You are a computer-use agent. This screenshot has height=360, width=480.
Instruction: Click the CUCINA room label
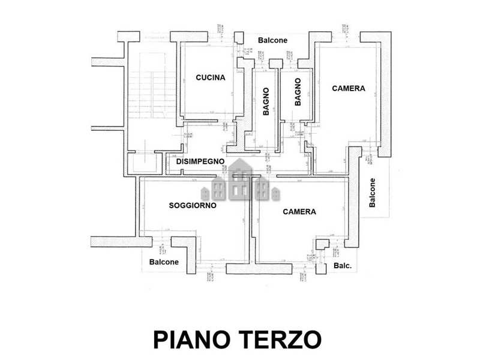(210, 77)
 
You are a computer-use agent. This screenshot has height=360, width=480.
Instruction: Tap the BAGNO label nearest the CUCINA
(265, 101)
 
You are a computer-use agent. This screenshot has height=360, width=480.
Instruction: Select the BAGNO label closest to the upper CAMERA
(298, 93)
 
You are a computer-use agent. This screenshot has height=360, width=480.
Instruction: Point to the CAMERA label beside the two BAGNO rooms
(349, 88)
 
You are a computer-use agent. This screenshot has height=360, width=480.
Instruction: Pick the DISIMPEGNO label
(200, 161)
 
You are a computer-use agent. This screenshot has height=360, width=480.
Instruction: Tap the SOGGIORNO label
(192, 205)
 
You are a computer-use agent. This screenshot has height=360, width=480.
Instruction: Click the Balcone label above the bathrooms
(273, 40)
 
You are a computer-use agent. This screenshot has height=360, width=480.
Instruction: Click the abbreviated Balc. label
(342, 266)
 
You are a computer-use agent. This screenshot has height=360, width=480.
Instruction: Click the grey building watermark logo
(240, 180)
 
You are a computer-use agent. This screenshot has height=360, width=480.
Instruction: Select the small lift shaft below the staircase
(144, 163)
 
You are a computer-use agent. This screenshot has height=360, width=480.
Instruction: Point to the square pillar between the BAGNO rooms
(275, 64)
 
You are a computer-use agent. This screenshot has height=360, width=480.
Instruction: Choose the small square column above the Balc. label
(323, 244)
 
